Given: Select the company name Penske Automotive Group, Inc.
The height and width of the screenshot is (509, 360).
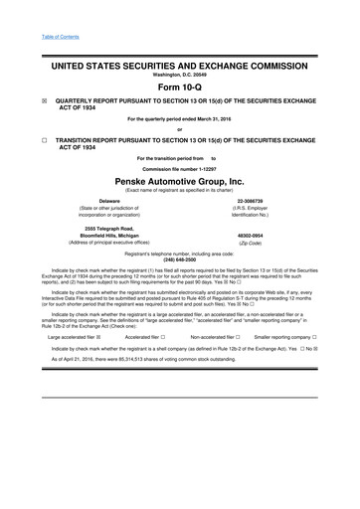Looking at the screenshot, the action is (x=179, y=183).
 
